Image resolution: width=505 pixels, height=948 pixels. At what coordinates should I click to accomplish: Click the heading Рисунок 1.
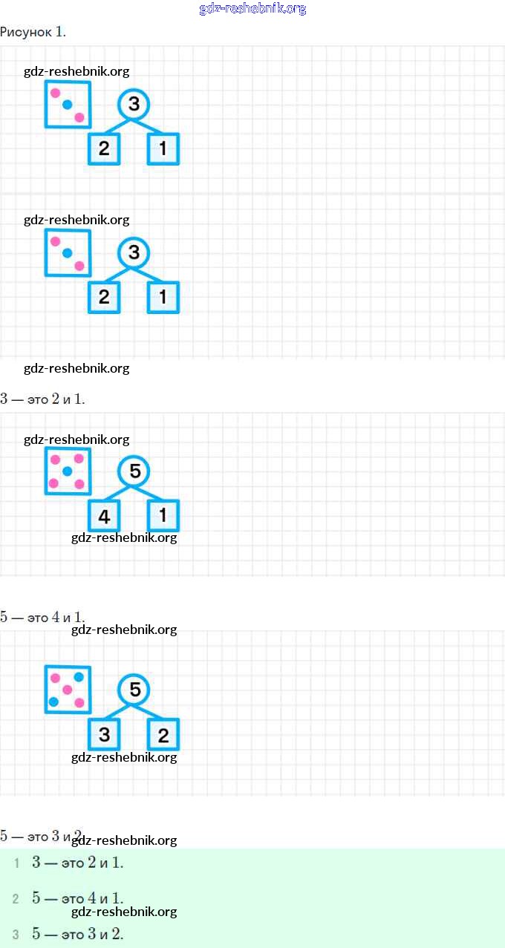coord(33,31)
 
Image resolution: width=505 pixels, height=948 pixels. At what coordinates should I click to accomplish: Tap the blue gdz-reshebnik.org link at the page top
coord(252,9)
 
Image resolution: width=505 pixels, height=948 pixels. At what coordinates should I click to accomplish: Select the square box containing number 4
coord(104,516)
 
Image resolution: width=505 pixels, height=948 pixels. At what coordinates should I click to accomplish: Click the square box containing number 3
coord(104,734)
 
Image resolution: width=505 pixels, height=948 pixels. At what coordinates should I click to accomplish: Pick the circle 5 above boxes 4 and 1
coord(134,471)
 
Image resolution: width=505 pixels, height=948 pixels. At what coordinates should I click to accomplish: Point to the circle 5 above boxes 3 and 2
coord(134,690)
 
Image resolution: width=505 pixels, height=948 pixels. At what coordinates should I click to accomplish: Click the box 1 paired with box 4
coord(163,516)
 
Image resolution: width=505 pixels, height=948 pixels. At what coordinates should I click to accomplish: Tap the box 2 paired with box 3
coord(163,734)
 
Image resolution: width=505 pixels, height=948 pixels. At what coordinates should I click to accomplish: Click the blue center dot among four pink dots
coord(67,471)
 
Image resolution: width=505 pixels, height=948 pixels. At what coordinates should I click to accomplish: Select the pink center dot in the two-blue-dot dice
coord(67,690)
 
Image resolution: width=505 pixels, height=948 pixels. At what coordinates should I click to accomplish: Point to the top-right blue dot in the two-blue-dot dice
coord(79,676)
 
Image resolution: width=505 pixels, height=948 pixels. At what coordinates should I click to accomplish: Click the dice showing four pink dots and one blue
coord(68,471)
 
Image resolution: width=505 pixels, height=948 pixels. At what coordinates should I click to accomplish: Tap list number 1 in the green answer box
coord(16,863)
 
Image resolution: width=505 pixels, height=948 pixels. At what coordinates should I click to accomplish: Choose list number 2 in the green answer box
coord(16,899)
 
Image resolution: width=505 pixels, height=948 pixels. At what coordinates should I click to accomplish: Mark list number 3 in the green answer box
coord(16,935)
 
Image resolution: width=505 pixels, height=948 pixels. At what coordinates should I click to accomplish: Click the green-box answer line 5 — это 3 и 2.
coord(77,934)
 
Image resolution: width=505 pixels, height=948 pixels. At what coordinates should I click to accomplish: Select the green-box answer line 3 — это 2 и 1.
coord(77,863)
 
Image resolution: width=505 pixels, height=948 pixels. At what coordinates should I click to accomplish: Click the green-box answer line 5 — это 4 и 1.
coord(77,898)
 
